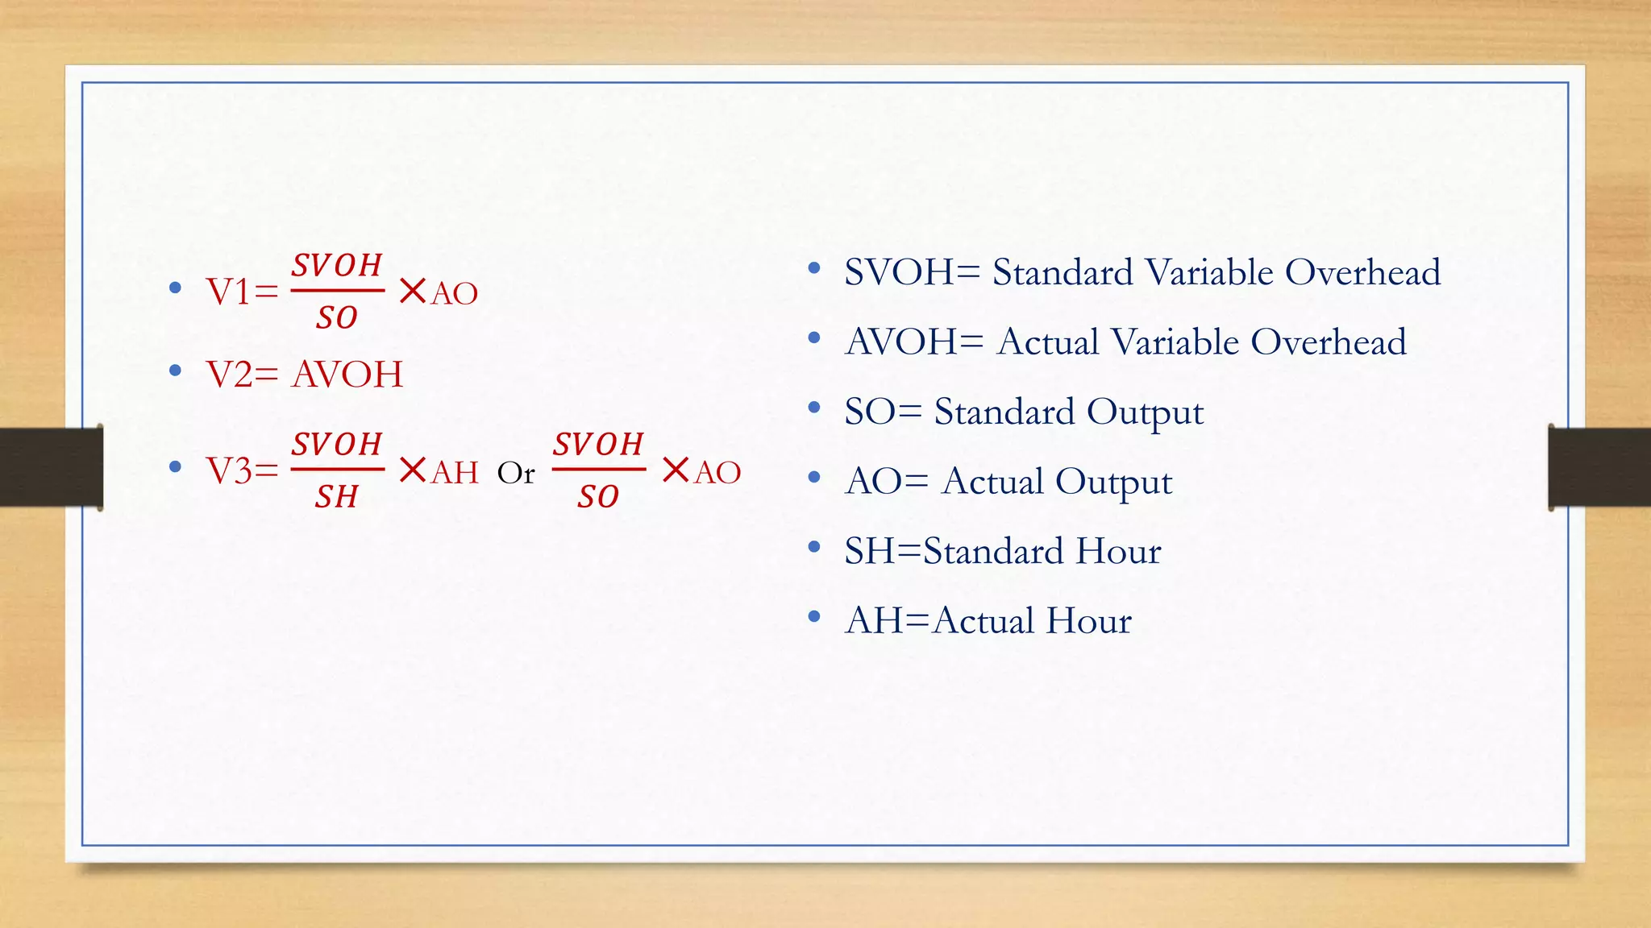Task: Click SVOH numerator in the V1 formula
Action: (x=337, y=265)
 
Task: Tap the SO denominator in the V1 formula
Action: (x=337, y=318)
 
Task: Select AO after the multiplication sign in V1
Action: (x=455, y=294)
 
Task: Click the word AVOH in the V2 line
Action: (x=347, y=375)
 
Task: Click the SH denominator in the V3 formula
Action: (x=337, y=497)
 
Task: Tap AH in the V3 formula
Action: (x=455, y=473)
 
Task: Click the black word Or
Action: (x=516, y=474)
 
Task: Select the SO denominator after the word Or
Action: (x=598, y=497)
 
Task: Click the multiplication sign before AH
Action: (x=413, y=470)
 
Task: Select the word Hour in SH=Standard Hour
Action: (x=1118, y=551)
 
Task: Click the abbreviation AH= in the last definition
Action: (x=887, y=621)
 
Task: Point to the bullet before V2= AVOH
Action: (x=176, y=371)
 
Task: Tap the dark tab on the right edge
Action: (x=1599, y=467)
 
